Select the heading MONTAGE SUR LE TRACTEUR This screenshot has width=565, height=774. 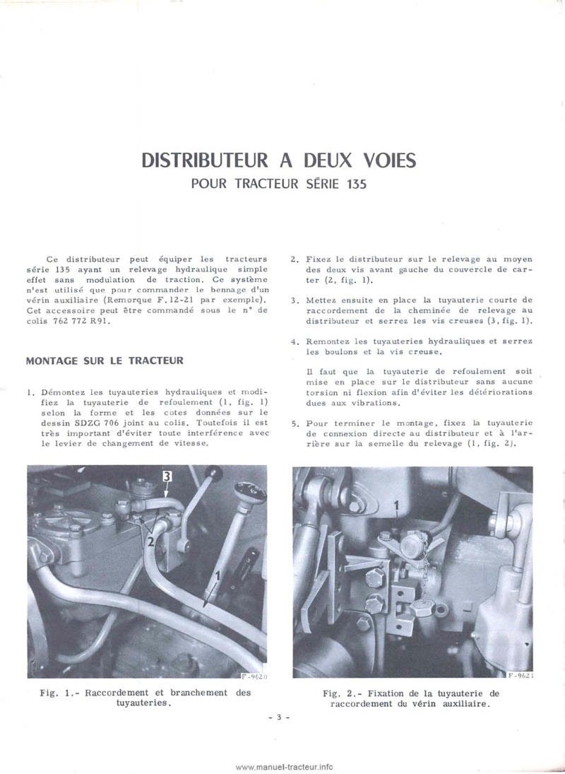point(105,360)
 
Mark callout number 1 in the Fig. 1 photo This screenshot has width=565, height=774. point(218,575)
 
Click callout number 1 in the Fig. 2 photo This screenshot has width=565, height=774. point(397,505)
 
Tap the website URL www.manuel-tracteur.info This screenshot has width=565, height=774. point(284,766)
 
